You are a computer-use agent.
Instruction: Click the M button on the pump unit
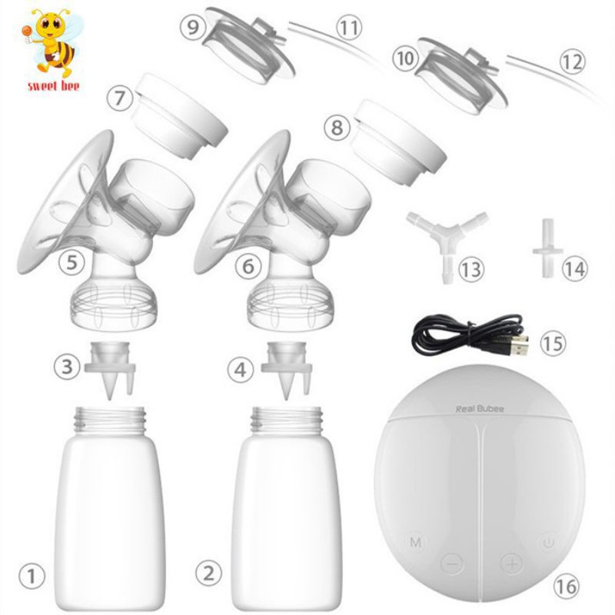click(415, 543)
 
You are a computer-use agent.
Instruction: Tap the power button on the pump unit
click(549, 543)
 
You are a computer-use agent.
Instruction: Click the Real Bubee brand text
click(479, 409)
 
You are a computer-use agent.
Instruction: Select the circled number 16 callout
click(567, 587)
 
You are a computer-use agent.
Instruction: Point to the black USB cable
click(470, 335)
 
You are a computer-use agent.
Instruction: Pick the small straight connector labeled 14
click(547, 248)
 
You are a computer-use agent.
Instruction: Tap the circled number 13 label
click(470, 270)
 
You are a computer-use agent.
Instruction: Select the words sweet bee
click(53, 86)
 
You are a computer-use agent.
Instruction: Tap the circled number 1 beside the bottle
click(32, 576)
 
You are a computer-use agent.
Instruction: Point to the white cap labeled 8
click(398, 142)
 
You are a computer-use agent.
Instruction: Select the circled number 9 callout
click(193, 27)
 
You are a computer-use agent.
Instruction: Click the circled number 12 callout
click(572, 61)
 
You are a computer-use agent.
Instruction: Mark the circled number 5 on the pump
click(71, 262)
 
